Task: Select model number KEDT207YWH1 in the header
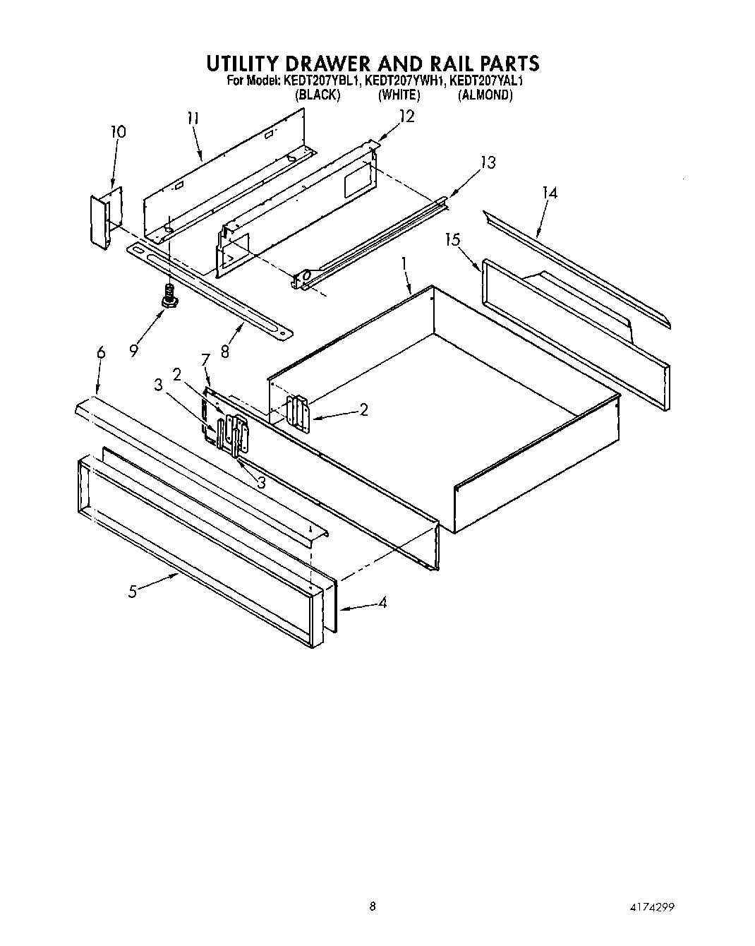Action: point(406,81)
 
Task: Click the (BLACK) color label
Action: point(318,95)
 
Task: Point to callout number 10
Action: point(118,132)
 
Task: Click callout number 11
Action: point(193,119)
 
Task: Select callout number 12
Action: point(406,116)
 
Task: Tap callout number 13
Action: point(488,162)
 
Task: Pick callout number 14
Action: point(550,192)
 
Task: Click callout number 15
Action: point(452,240)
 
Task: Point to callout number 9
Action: point(133,349)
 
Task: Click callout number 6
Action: point(100,352)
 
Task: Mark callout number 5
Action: point(132,592)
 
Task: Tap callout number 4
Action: point(382,602)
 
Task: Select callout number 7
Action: point(205,361)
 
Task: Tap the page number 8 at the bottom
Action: point(373,906)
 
